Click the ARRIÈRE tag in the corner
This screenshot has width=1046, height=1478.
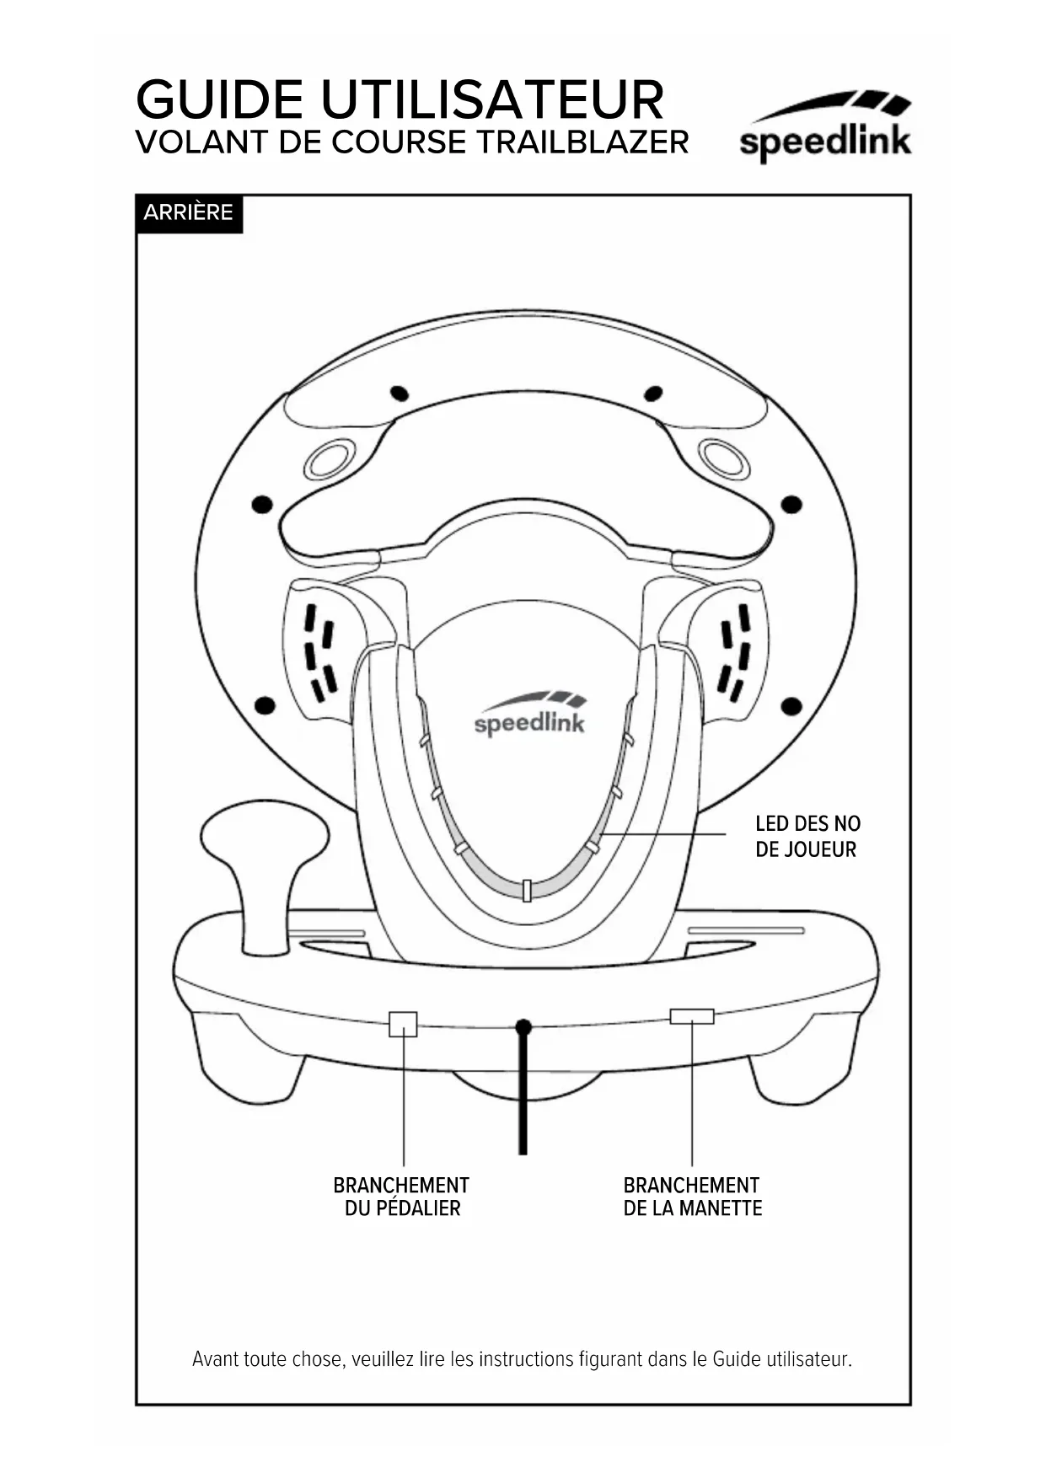coord(188,212)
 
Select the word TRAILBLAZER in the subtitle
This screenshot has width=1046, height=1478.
coord(582,142)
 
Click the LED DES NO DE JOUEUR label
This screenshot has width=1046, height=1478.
coord(807,836)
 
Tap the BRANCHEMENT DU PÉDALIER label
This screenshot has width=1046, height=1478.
coord(401,1197)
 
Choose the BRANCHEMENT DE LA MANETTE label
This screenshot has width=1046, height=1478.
coord(692,1197)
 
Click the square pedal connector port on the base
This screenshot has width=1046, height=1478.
coord(403,1024)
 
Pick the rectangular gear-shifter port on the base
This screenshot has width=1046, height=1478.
coord(692,1016)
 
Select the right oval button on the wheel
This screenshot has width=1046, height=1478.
coord(723,458)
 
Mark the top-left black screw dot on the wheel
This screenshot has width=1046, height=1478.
coord(400,394)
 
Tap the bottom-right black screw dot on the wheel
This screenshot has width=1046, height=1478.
coord(791,705)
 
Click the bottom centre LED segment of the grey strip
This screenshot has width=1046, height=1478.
coord(527,890)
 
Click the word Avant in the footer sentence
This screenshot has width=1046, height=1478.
coord(214,1359)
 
